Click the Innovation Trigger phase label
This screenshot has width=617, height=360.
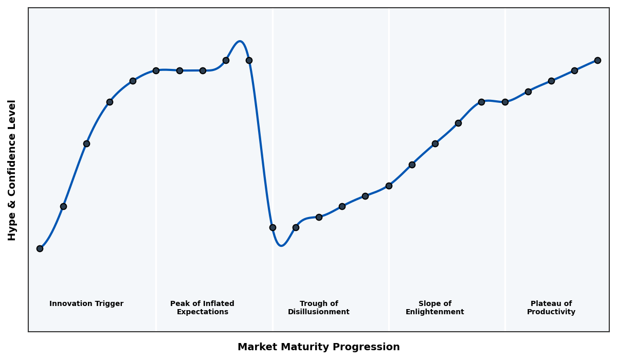[86, 304]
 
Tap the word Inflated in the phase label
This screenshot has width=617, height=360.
[216, 304]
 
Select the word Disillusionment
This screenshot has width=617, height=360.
[319, 312]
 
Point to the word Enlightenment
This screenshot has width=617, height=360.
[435, 312]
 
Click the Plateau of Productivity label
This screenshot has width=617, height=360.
[551, 308]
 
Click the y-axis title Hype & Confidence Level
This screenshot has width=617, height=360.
[12, 170]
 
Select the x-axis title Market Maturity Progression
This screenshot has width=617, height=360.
[319, 347]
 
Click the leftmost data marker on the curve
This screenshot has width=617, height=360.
[40, 248]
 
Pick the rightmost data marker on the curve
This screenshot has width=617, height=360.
[597, 60]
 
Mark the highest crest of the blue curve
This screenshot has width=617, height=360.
[240, 41]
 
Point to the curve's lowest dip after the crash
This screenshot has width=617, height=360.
[281, 246]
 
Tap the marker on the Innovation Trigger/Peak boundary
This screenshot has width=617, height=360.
[156, 70]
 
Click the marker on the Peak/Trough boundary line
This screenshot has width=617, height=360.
[273, 227]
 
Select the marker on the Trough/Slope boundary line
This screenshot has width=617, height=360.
[389, 186]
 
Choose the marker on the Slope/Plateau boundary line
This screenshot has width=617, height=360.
[505, 102]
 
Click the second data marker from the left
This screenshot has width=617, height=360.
[63, 206]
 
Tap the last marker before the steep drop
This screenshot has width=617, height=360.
[249, 60]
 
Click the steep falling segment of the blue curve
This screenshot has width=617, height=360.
[261, 144]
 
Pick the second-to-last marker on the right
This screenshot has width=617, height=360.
[574, 70]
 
